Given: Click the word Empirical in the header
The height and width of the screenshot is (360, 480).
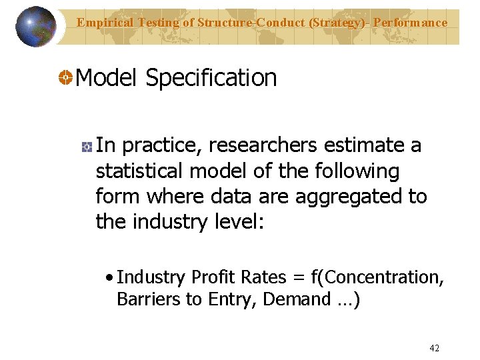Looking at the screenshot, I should [103, 23].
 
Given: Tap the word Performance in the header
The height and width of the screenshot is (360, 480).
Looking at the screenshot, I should [410, 23].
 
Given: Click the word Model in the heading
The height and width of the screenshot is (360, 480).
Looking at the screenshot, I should [106, 78].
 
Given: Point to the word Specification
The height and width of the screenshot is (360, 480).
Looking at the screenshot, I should [211, 78].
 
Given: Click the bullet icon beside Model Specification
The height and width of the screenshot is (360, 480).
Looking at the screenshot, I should [66, 79].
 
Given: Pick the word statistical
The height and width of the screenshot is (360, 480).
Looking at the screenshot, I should [139, 171].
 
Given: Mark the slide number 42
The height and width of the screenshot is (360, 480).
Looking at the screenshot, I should [435, 348].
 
